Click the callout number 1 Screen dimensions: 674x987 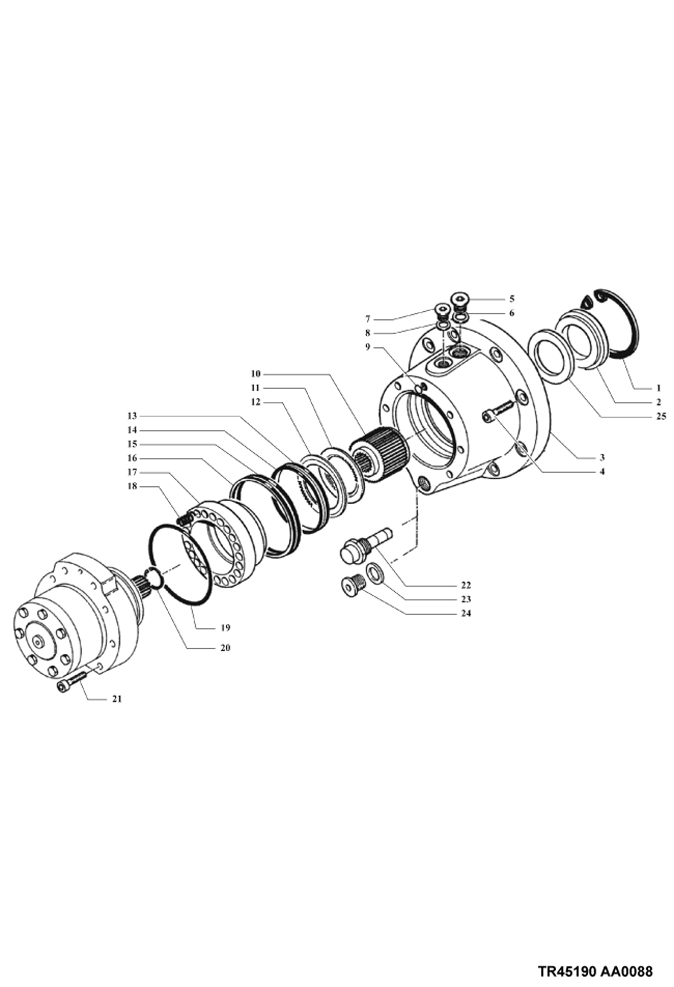(x=658, y=387)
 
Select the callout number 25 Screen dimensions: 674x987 (x=661, y=416)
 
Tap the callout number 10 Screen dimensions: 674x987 (x=256, y=374)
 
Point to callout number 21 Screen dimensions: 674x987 (x=117, y=699)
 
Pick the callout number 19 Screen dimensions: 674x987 (x=225, y=628)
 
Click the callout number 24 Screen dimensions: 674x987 (x=466, y=613)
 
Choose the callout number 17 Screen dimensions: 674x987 (x=132, y=472)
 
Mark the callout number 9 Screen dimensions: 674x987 (x=368, y=347)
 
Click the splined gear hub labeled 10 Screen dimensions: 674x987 (x=379, y=454)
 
